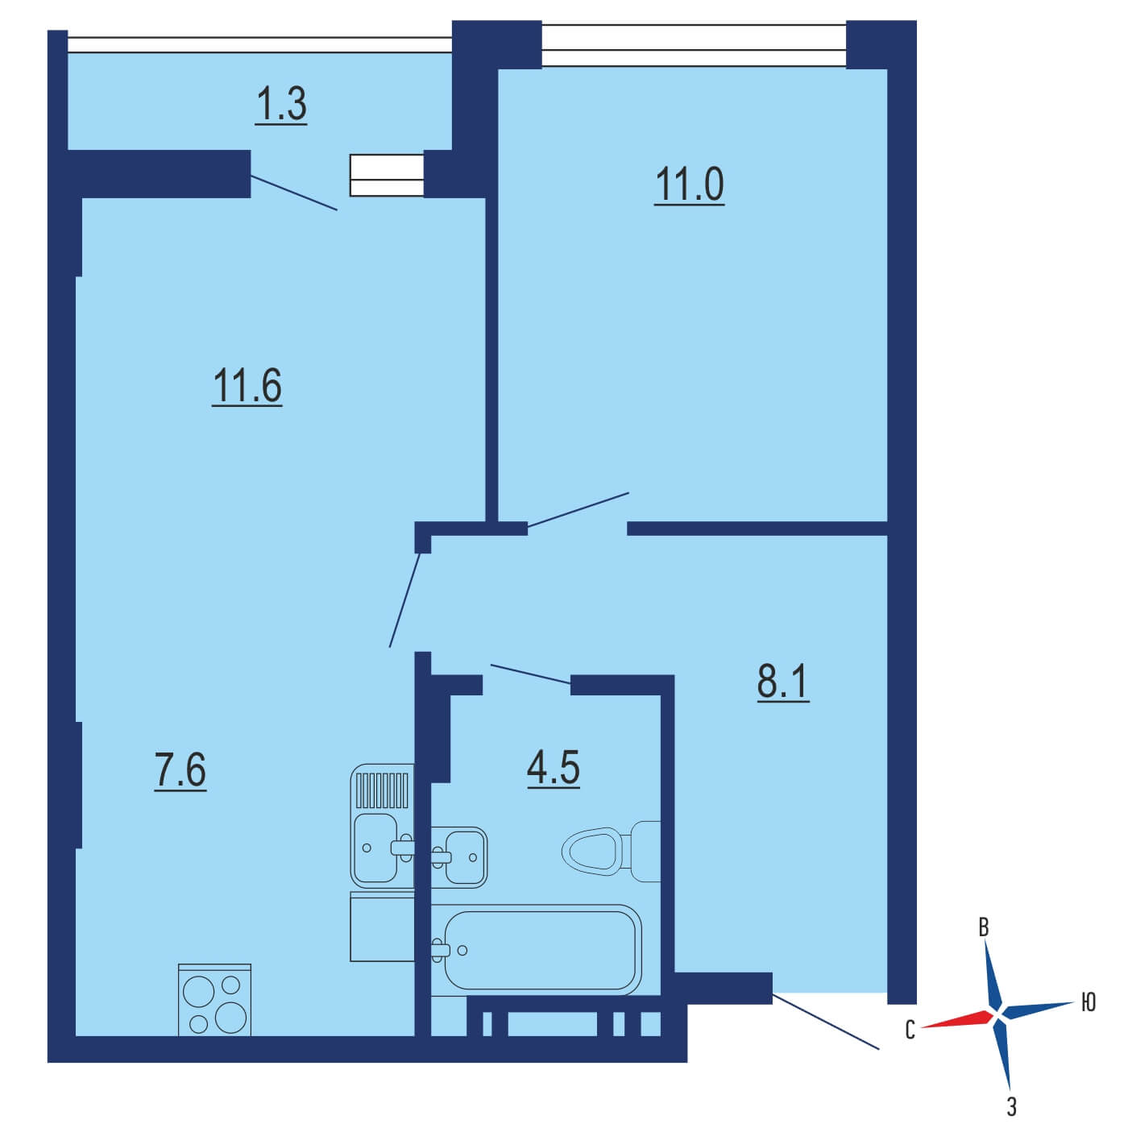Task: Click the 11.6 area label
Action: click(247, 386)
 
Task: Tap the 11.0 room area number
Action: click(689, 185)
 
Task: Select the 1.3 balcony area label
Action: click(281, 105)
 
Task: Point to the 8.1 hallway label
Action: click(782, 682)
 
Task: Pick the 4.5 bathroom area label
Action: click(554, 768)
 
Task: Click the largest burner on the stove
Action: click(230, 1018)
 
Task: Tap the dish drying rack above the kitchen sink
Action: click(382, 790)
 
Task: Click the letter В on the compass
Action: click(984, 928)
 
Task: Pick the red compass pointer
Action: click(958, 1019)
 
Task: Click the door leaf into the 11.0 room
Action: click(578, 510)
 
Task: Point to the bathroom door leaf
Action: click(530, 674)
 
